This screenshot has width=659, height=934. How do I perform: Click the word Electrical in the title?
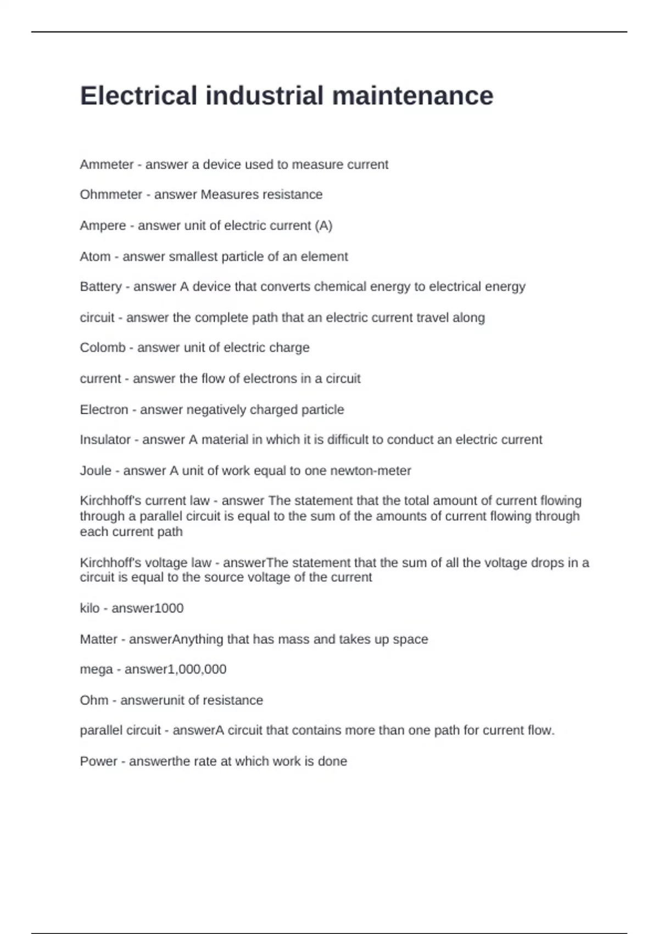click(138, 96)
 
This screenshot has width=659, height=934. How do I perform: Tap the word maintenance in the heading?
click(412, 96)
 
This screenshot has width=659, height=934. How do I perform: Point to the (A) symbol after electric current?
click(324, 226)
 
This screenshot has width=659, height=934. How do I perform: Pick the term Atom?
click(95, 257)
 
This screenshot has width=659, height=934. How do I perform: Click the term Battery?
click(100, 287)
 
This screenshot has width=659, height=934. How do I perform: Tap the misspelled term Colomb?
click(103, 348)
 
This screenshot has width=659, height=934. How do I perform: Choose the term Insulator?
click(105, 440)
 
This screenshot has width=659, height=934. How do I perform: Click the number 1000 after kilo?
click(170, 608)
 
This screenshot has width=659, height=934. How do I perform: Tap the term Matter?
click(98, 640)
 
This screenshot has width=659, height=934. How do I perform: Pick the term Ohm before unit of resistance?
click(94, 700)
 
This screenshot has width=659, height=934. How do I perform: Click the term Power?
click(98, 761)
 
